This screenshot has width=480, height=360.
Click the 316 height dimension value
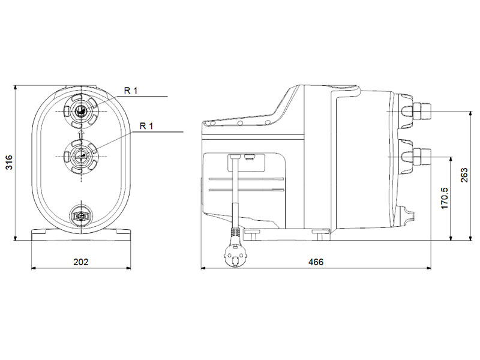coord(10,163)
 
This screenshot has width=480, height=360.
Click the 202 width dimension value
coord(81,262)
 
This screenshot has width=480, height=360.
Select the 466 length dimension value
coord(316,262)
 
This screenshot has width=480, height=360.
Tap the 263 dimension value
coord(464,175)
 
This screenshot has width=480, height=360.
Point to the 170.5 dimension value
coord(444,199)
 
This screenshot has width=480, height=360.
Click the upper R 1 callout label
coord(131,91)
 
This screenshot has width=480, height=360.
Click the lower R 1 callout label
coord(146,126)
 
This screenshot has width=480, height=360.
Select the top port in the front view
coord(81,111)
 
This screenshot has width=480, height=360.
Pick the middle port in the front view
coord(81,157)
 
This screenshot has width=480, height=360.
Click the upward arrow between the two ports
coord(81,134)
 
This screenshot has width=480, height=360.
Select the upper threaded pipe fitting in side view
coord(422,111)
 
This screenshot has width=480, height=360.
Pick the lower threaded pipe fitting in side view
coord(422,157)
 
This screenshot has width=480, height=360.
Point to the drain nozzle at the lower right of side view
coord(409,215)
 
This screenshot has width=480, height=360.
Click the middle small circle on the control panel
coord(241,123)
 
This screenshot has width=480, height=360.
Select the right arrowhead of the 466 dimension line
coord(429,268)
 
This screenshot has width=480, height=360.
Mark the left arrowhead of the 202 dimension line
coord(34,268)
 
